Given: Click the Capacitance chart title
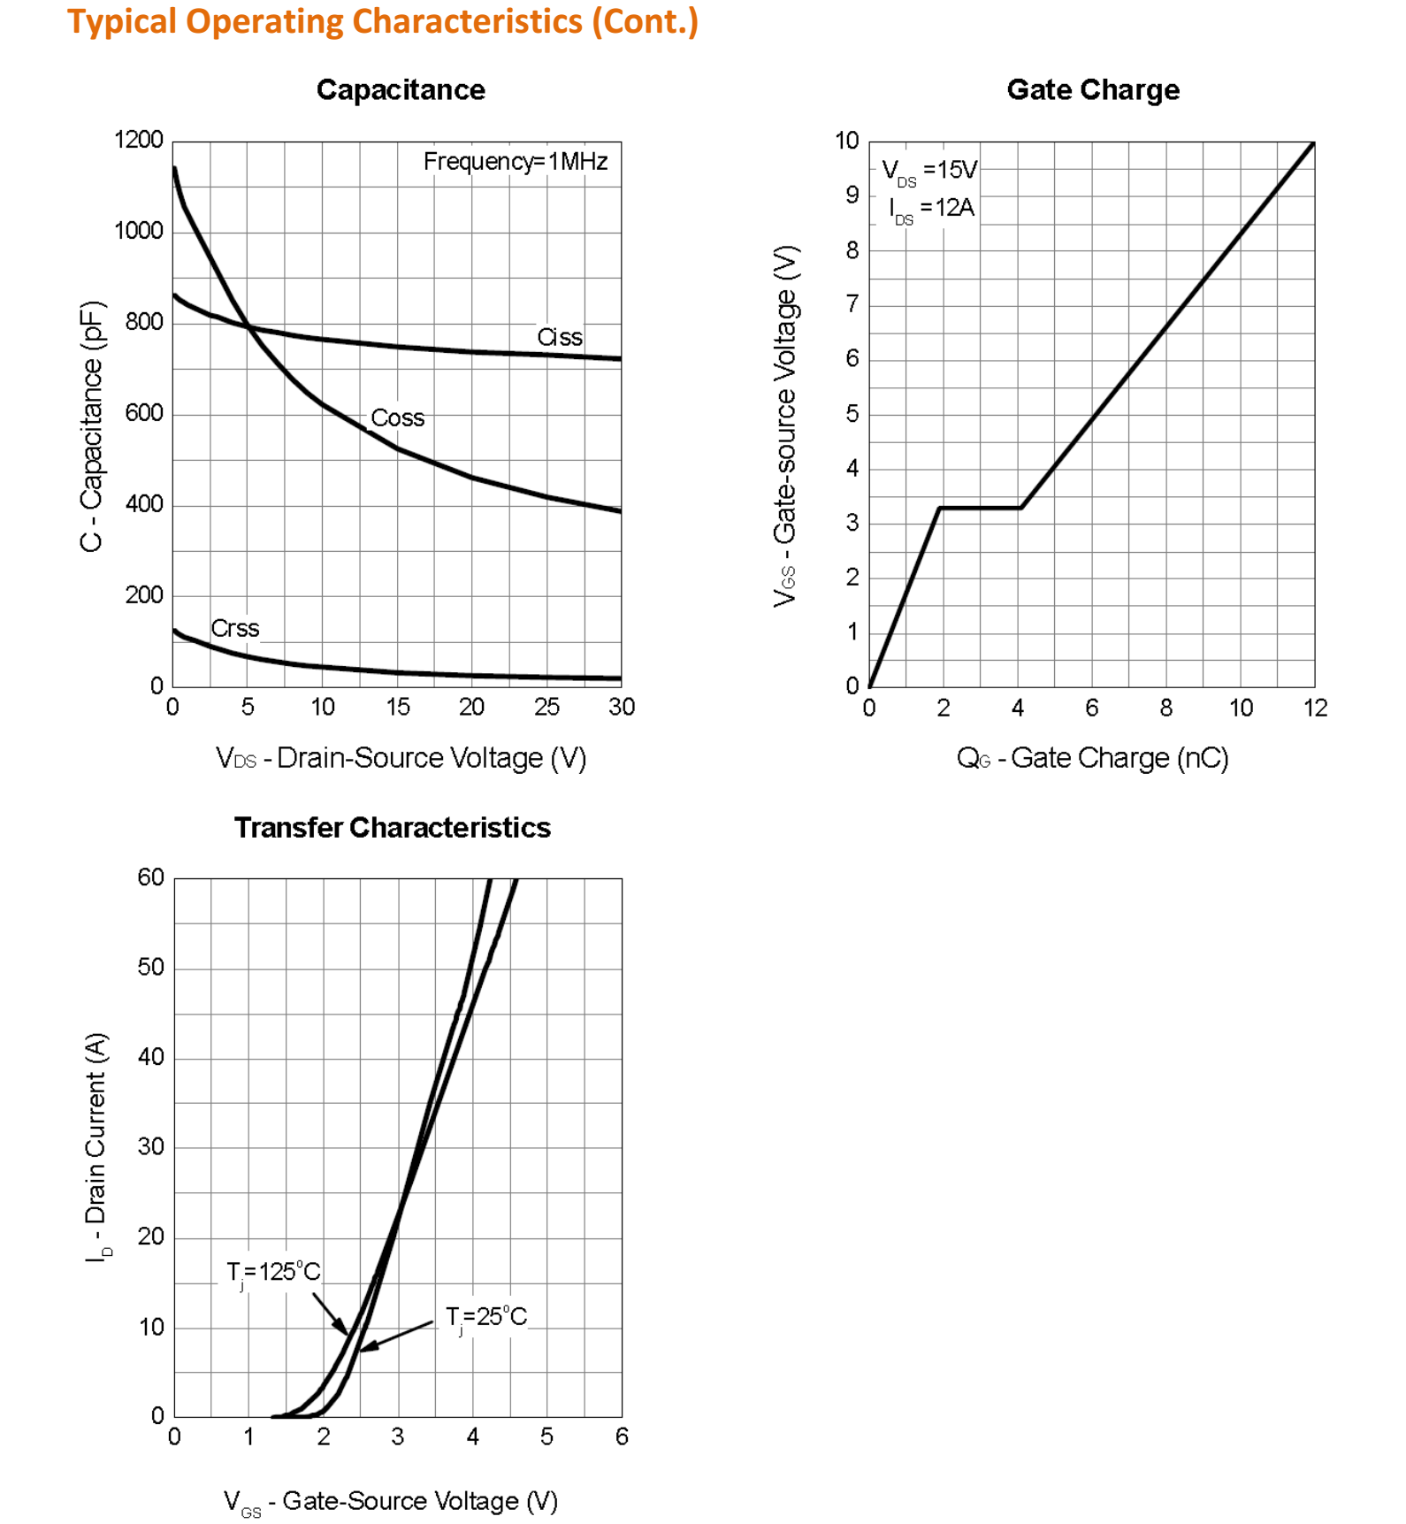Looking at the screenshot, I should pyautogui.click(x=401, y=89).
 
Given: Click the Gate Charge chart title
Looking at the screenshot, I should pyautogui.click(x=1092, y=89).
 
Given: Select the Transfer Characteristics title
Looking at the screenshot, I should pyautogui.click(x=392, y=827).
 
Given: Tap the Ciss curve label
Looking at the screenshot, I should pyautogui.click(x=559, y=337).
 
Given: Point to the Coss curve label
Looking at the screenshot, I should pyautogui.click(x=397, y=417).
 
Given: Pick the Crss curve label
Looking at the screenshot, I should pyautogui.click(x=234, y=628).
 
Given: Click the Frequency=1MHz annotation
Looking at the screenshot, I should pyautogui.click(x=515, y=161).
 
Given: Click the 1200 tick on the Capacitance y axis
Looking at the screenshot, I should pyautogui.click(x=139, y=140).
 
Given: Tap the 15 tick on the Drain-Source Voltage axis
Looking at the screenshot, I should pyautogui.click(x=397, y=707).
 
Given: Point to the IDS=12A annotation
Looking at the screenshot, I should pyautogui.click(x=931, y=209).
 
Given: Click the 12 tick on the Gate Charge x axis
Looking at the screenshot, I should pyautogui.click(x=1315, y=708).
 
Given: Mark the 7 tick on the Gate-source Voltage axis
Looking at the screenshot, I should pyautogui.click(x=852, y=304).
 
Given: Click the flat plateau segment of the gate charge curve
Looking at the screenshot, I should pyautogui.click(x=980, y=508).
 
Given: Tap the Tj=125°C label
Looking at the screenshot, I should pyautogui.click(x=273, y=1272).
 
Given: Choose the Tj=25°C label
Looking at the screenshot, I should pyautogui.click(x=485, y=1317).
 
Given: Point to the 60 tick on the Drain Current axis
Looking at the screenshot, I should pyautogui.click(x=151, y=877).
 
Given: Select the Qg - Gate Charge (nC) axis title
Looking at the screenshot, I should pyautogui.click(x=1092, y=758).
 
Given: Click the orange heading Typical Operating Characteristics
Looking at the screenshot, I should pyautogui.click(x=383, y=21).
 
